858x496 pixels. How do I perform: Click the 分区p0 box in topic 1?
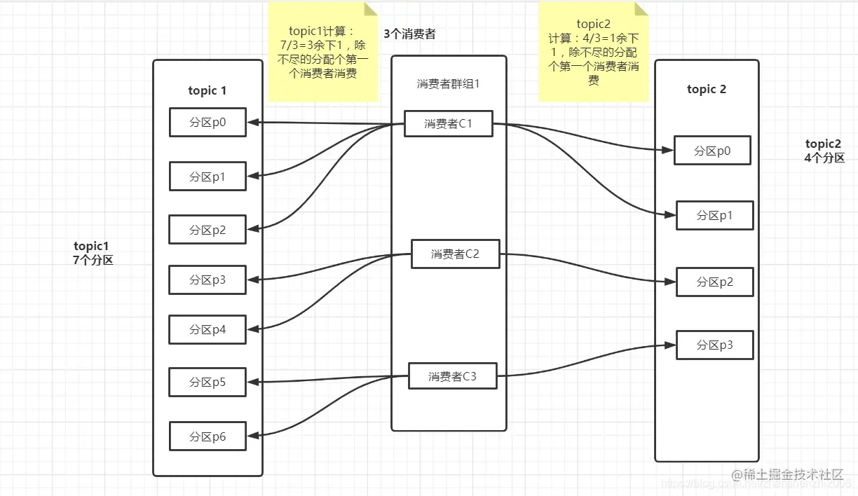click(x=207, y=122)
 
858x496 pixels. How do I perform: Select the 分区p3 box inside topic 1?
click(x=207, y=280)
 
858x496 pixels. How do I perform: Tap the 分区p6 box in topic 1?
click(x=207, y=436)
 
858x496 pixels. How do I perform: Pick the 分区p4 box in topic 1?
click(x=207, y=329)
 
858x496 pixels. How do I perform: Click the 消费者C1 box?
click(x=448, y=123)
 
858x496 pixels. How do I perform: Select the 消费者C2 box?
click(x=455, y=254)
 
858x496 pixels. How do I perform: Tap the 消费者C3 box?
click(x=452, y=376)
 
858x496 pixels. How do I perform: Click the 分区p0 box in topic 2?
click(x=712, y=151)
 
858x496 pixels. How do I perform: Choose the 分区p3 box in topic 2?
click(x=714, y=345)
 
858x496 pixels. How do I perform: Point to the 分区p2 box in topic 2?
click(x=714, y=282)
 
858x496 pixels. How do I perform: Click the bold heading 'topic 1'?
click(x=207, y=90)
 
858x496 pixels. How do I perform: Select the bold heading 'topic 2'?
click(x=707, y=89)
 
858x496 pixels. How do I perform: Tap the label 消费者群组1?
click(x=448, y=84)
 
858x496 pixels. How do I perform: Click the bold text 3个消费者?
click(x=409, y=34)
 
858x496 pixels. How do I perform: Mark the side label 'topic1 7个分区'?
click(x=93, y=253)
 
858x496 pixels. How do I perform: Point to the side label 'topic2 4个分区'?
click(x=824, y=151)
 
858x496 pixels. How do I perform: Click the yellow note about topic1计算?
click(x=322, y=52)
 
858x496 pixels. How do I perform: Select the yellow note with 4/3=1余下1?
click(x=593, y=52)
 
